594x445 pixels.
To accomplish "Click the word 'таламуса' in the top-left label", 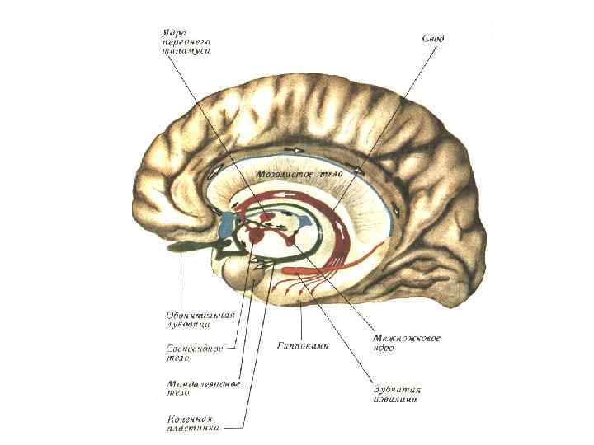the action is click(x=183, y=51).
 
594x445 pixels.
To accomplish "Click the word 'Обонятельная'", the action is click(x=200, y=315).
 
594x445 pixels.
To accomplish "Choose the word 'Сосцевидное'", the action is click(x=191, y=349).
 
